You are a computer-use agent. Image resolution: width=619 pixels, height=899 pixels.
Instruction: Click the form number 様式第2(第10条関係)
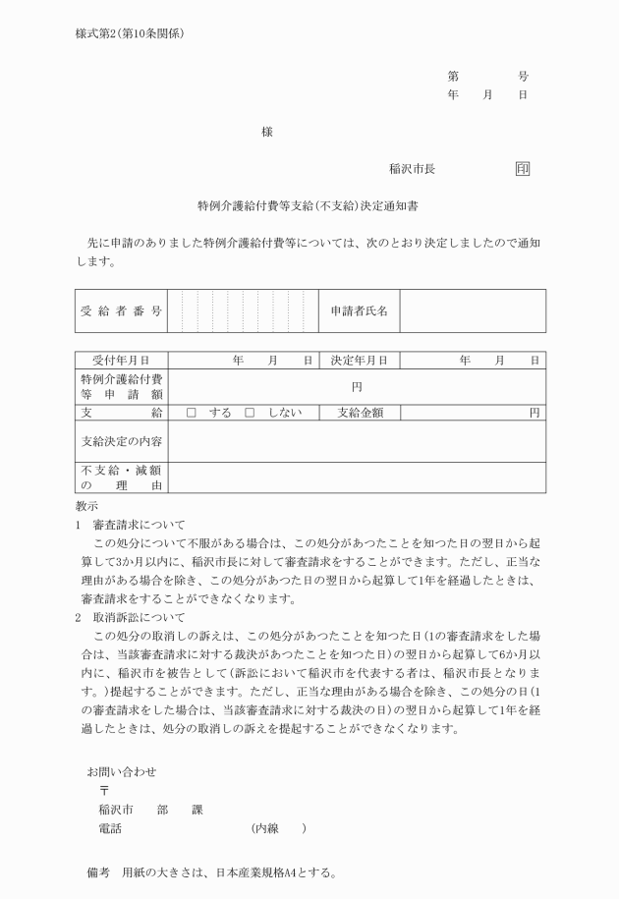click(x=129, y=32)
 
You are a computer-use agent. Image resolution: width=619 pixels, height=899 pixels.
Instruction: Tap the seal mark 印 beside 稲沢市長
click(x=523, y=168)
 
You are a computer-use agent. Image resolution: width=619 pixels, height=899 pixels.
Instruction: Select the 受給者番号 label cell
click(x=121, y=310)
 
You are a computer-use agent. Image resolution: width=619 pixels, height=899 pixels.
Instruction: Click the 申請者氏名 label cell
click(x=360, y=310)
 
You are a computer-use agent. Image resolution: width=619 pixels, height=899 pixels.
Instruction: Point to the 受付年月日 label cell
click(x=121, y=361)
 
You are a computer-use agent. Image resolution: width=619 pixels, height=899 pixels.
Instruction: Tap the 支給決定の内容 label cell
click(x=121, y=441)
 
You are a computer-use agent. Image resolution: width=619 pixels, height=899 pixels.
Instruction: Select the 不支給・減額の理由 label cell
click(x=121, y=477)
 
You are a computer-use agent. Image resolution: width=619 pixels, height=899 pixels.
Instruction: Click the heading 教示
click(x=86, y=505)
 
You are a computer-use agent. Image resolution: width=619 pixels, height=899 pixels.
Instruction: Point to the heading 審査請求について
click(x=139, y=525)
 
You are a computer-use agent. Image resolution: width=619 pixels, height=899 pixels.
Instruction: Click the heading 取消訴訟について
click(x=139, y=618)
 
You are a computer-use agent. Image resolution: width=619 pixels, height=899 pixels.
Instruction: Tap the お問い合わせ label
click(x=122, y=745)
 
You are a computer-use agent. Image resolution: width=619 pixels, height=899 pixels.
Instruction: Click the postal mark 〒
click(x=104, y=763)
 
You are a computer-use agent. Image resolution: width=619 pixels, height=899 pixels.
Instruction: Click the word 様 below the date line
click(x=266, y=131)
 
